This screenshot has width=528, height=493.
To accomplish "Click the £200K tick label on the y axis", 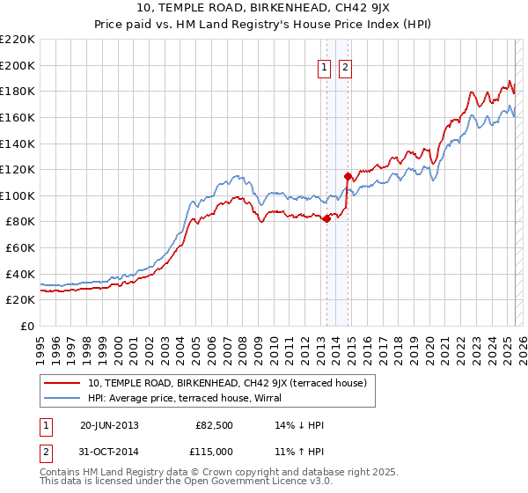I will pyautogui.click(x=18, y=65).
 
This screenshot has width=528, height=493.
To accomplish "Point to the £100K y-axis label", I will pyautogui.click(x=18, y=195).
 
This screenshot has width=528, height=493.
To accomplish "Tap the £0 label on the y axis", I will pyautogui.click(x=27, y=327).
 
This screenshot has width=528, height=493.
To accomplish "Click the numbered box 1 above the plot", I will pyautogui.click(x=324, y=67).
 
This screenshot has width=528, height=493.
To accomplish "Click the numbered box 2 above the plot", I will pyautogui.click(x=344, y=67).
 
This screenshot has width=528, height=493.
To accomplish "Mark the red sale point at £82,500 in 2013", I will pyautogui.click(x=327, y=218).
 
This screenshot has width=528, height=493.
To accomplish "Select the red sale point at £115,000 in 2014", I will pyautogui.click(x=348, y=176).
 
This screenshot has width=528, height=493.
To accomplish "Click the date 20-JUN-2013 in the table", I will pyautogui.click(x=109, y=425).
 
